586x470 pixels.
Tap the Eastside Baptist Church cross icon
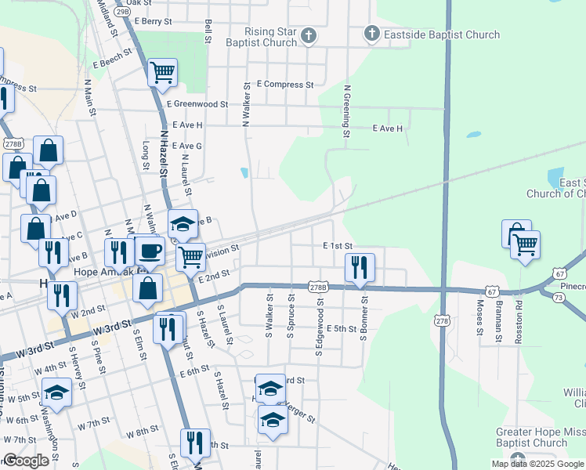click(371, 34)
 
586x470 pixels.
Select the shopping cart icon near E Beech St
click(162, 73)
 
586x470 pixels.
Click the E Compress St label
click(284, 84)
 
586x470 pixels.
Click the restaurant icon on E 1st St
click(360, 266)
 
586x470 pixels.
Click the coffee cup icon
click(149, 251)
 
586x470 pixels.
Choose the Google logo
click(26, 461)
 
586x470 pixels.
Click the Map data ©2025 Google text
click(537, 464)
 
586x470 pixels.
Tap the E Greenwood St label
click(197, 103)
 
